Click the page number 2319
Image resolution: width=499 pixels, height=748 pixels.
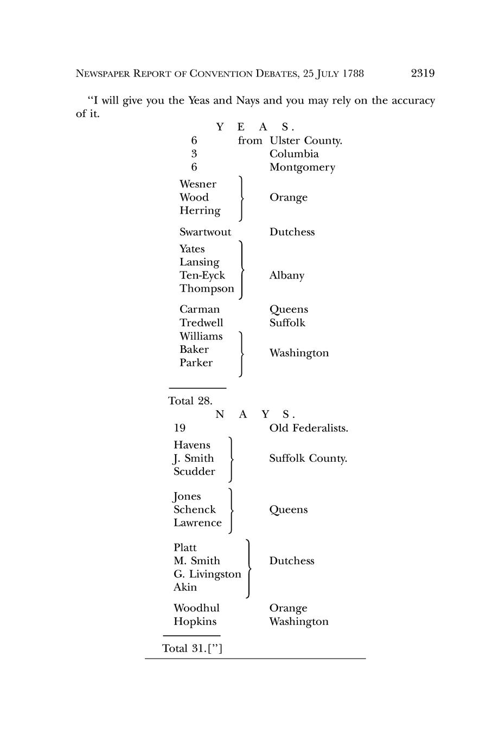(x=423, y=73)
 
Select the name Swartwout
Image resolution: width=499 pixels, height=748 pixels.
(x=205, y=232)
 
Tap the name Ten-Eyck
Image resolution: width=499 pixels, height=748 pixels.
(x=202, y=275)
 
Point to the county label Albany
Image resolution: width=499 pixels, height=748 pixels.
(x=286, y=275)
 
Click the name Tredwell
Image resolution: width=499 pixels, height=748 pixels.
(x=201, y=323)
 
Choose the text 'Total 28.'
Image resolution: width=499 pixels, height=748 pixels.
(x=190, y=401)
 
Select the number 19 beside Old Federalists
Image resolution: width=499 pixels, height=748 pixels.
(x=179, y=428)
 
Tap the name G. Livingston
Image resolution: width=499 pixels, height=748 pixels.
(x=207, y=574)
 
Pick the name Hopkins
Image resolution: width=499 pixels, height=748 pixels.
(x=195, y=622)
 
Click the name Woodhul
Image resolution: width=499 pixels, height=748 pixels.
(x=196, y=608)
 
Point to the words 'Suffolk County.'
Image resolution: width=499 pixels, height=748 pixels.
(x=308, y=459)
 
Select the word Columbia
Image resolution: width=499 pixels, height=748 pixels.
(x=294, y=154)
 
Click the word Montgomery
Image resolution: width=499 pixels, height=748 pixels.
(x=302, y=167)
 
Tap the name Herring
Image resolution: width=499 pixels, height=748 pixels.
(x=200, y=211)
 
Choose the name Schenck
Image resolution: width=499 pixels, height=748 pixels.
(x=194, y=510)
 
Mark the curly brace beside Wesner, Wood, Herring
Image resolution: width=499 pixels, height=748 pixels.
(x=240, y=198)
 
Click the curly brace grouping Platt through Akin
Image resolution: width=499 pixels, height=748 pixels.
(x=248, y=568)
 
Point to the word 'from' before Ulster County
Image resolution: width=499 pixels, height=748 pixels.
(x=250, y=141)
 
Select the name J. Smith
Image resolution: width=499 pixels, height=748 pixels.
(x=194, y=459)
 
